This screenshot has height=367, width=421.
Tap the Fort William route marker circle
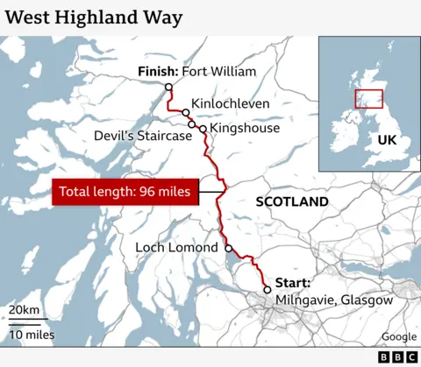[168, 87]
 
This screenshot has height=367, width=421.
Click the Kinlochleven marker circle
[186, 113]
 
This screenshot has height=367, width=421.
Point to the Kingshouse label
[246, 128]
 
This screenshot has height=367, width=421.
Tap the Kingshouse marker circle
[203, 129]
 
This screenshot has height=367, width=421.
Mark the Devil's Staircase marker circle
[192, 124]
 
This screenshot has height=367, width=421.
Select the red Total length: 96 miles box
[125, 192]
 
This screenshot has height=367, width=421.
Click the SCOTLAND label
[292, 201]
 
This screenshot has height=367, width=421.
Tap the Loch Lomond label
[176, 248]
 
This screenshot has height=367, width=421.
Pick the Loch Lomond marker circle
[229, 248]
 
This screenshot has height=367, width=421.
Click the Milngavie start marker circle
[268, 290]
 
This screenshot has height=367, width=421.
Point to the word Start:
[293, 282]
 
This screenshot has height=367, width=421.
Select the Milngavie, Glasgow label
[334, 300]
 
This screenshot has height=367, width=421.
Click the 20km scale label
[24, 311]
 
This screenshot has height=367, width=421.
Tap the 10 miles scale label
[32, 335]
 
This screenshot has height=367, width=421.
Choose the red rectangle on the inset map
[369, 99]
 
